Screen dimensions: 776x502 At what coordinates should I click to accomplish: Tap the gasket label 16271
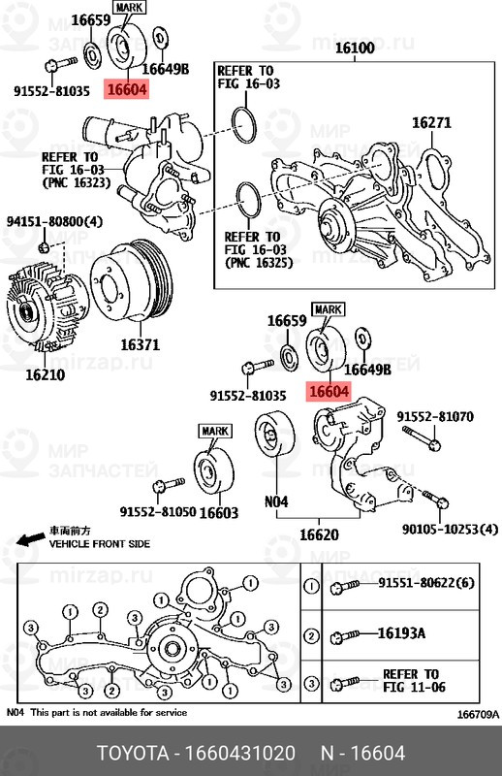pyautogui.click(x=431, y=123)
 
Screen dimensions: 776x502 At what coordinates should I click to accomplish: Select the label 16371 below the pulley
pyautogui.click(x=141, y=344)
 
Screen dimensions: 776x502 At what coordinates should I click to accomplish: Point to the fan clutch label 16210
pyautogui.click(x=45, y=373)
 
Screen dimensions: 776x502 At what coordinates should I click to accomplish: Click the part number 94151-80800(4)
pyautogui.click(x=55, y=221)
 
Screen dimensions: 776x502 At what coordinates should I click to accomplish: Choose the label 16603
pyautogui.click(x=218, y=512)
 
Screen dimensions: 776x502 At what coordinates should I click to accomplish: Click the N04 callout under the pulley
pyautogui.click(x=278, y=501)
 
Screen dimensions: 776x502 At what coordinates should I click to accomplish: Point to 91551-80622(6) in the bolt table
pyautogui.click(x=425, y=584)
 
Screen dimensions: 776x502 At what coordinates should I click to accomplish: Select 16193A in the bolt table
pyautogui.click(x=401, y=633)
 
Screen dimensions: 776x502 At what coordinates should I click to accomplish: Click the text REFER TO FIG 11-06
pyautogui.click(x=410, y=680)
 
